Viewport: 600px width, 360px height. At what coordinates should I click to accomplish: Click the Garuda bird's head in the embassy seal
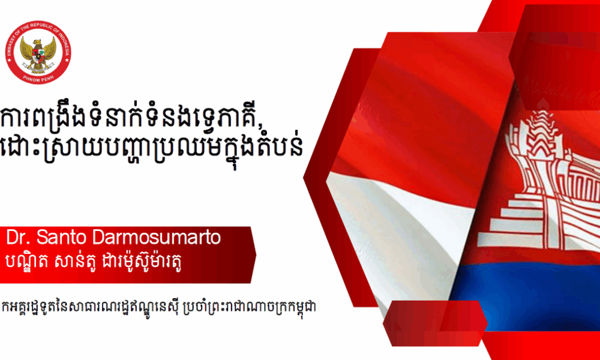(x=37, y=41)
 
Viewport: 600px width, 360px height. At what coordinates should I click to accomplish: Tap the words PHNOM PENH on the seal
(x=38, y=77)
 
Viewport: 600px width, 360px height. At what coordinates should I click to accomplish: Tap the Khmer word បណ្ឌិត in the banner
(x=27, y=261)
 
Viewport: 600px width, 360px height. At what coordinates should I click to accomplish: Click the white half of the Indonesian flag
(x=398, y=230)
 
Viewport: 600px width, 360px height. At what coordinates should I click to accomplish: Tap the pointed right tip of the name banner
(x=256, y=255)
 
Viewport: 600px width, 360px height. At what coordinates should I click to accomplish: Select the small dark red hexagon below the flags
(x=435, y=323)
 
